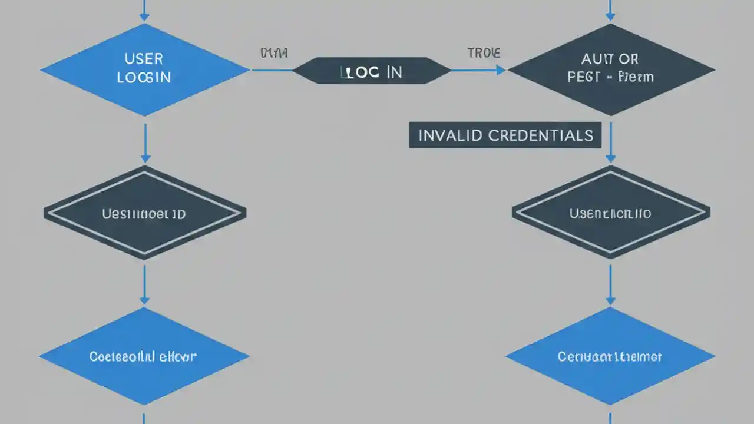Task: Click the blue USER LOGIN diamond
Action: tap(144, 69)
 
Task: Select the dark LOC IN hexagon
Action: tap(372, 71)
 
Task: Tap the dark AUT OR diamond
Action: tap(611, 69)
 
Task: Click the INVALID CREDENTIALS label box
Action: tap(505, 135)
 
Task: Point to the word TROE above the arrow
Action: tap(484, 53)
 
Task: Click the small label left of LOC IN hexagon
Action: tap(274, 54)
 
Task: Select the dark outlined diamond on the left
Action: tap(145, 213)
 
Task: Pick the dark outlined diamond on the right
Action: tap(611, 213)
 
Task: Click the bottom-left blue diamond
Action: tap(144, 356)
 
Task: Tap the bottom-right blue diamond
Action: tap(610, 356)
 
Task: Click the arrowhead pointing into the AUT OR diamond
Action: tap(500, 70)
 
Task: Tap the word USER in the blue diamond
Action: tap(144, 59)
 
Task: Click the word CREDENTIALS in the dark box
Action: tap(540, 135)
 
